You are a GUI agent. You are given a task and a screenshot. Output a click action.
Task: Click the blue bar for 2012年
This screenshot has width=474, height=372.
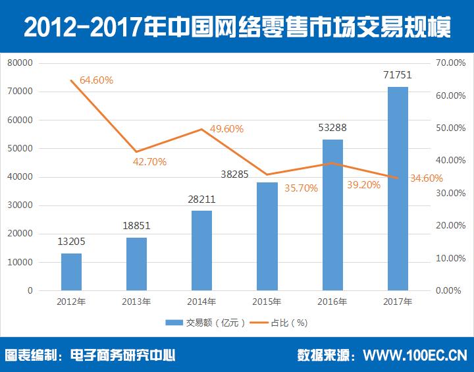(x=71, y=272)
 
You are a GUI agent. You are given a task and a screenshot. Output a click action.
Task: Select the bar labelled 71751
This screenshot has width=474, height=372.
(x=398, y=188)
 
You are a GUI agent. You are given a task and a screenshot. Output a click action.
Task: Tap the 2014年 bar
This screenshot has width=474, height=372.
(x=201, y=250)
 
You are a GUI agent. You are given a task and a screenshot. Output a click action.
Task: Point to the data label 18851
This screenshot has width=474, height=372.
(x=136, y=225)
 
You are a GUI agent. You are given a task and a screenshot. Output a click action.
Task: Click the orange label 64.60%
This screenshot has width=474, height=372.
(x=96, y=80)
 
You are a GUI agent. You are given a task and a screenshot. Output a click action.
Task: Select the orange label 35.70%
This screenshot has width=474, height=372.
(x=301, y=188)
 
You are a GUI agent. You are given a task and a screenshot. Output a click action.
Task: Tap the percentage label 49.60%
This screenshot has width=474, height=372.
(x=226, y=128)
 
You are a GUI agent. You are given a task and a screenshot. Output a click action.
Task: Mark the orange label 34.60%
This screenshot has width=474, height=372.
(x=426, y=178)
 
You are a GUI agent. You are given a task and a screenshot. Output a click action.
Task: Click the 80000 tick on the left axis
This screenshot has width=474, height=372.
(x=20, y=63)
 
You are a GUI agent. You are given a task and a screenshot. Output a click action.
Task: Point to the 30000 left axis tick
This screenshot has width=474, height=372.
(x=20, y=205)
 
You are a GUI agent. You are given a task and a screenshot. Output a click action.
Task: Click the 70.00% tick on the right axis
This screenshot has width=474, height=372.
(x=451, y=63)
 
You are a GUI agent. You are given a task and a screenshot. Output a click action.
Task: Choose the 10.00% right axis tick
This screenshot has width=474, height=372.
(x=451, y=258)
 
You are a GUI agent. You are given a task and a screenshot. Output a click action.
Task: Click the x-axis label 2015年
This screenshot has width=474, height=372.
(x=267, y=302)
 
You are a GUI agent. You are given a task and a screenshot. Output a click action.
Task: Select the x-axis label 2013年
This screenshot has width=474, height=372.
(x=136, y=302)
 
